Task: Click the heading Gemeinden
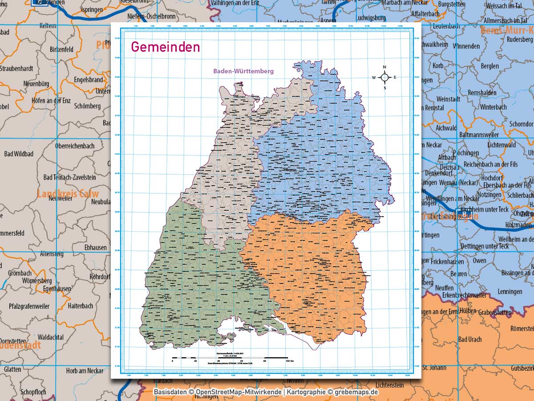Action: click(165, 47)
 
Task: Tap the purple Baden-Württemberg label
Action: click(243, 71)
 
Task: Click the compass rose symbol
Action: click(384, 78)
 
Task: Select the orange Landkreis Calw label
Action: click(68, 194)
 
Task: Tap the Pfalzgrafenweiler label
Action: click(30, 306)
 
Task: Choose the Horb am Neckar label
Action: click(85, 371)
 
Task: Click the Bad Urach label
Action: click(469, 339)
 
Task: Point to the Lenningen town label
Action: click(510, 291)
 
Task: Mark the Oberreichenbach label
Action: click(75, 146)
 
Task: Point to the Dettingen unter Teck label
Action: click(484, 246)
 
